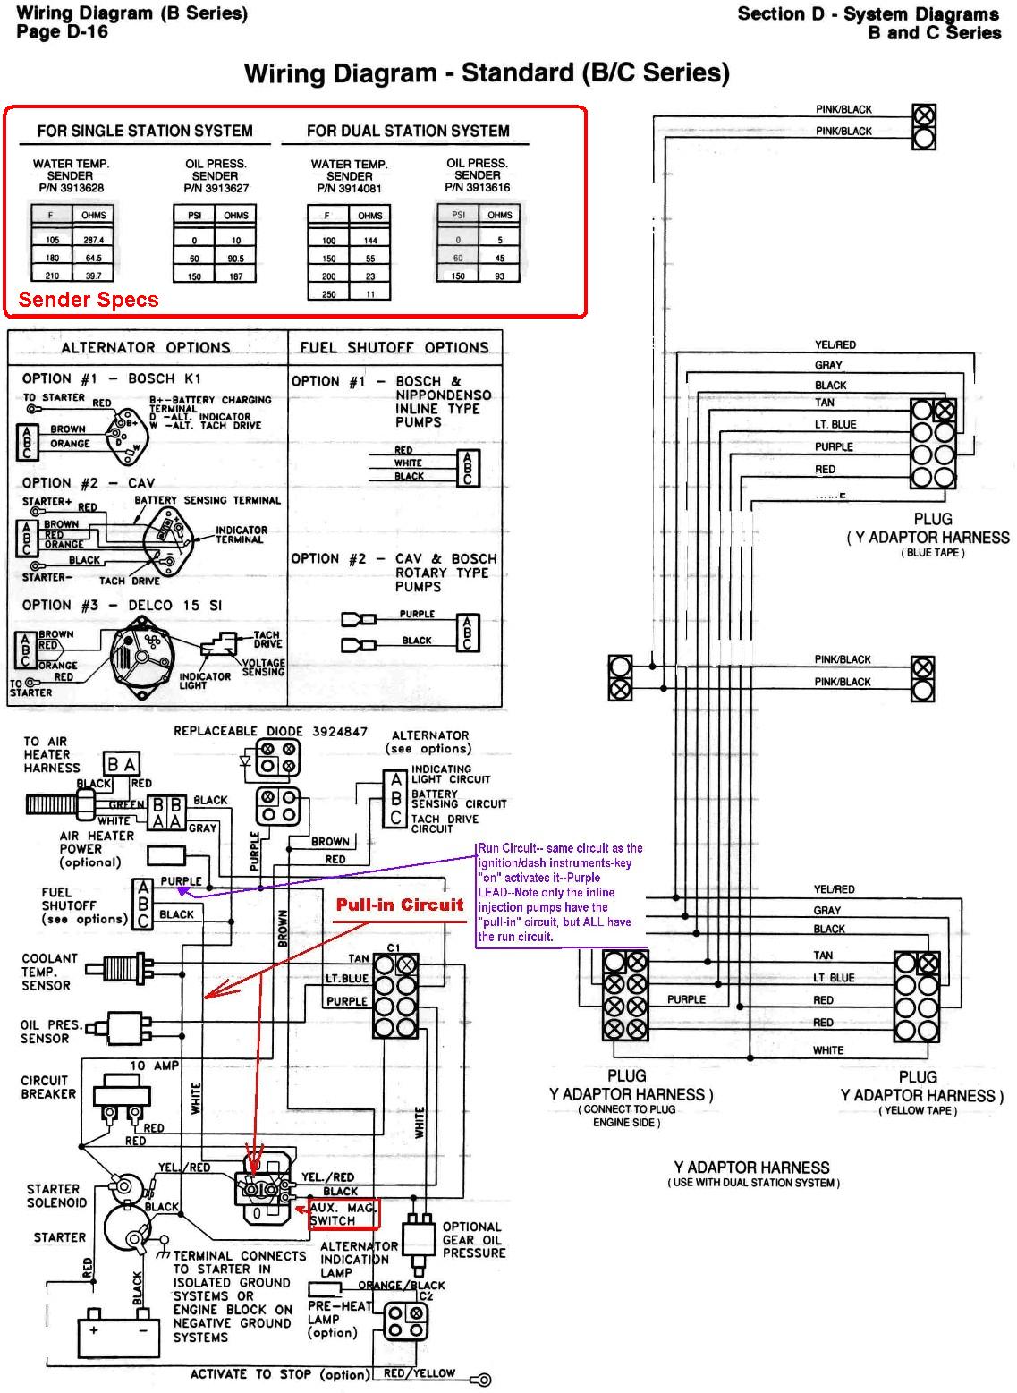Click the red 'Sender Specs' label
coord(89,301)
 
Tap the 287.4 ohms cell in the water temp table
coord(93,241)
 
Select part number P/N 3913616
coord(477,187)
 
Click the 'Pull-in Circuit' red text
coord(400,905)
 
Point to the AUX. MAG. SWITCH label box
coord(344,1214)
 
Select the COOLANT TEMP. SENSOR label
coord(49,972)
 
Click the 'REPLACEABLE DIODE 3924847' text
coord(270,731)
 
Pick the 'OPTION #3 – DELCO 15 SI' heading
coord(122,606)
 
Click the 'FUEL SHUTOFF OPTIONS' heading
coord(394,348)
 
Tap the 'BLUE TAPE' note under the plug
coord(932,553)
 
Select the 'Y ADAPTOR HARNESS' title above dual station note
coord(751,1168)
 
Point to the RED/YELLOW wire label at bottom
coord(419,1373)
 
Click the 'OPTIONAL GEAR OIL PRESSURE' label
coord(473,1240)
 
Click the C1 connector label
coord(394,948)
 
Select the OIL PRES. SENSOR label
coord(51,1032)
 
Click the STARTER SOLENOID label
coord(56,1196)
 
